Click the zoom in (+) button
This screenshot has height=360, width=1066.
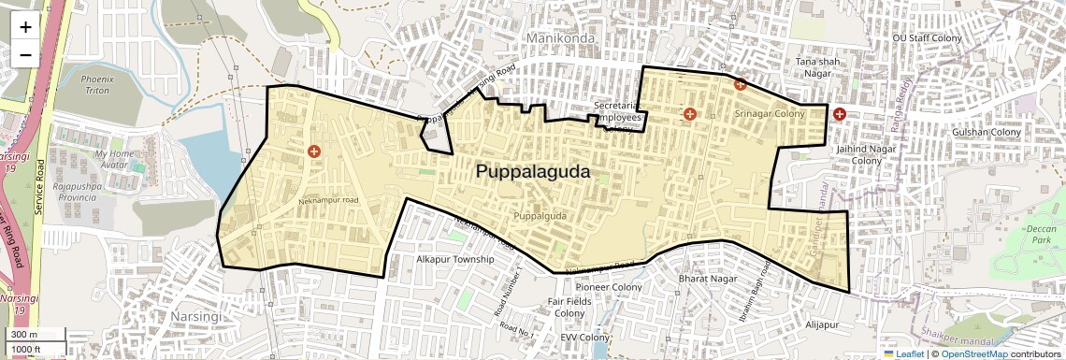click(25, 26)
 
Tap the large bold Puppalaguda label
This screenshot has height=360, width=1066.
click(533, 172)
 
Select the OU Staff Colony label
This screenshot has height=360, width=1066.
click(927, 38)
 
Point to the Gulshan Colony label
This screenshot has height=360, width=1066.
click(987, 133)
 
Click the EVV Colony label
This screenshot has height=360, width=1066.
click(585, 337)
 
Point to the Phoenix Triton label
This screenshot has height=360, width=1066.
click(95, 85)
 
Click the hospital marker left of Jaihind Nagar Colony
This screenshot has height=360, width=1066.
click(839, 114)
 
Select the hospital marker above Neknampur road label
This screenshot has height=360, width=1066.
click(313, 151)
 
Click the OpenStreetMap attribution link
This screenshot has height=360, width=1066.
click(974, 353)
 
